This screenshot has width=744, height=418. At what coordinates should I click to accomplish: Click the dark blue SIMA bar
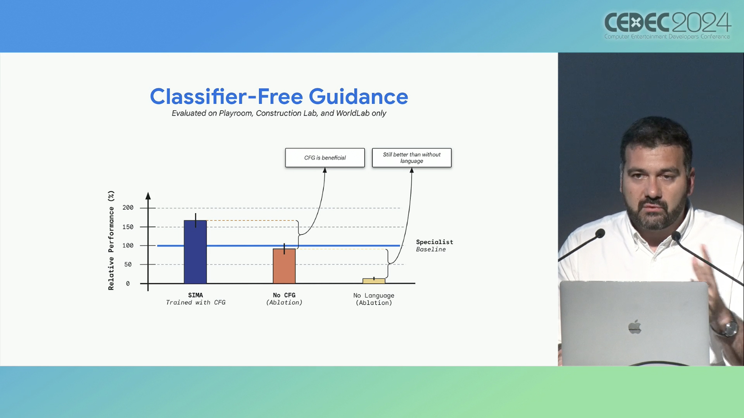(x=195, y=252)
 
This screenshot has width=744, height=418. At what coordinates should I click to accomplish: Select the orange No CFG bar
(x=284, y=266)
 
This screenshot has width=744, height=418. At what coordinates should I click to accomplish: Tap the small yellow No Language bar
(x=374, y=281)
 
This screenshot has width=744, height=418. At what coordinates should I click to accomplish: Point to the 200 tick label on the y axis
(x=128, y=208)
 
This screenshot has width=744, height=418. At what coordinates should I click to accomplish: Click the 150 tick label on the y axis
(x=128, y=227)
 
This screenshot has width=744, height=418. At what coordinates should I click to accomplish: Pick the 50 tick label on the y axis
(x=128, y=264)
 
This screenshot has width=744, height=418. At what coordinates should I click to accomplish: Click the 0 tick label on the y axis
(x=128, y=284)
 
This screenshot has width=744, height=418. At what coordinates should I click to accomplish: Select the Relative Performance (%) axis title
(x=111, y=240)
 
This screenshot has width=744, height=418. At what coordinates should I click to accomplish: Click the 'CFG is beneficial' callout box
(x=325, y=158)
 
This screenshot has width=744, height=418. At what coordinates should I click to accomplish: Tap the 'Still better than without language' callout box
(x=412, y=158)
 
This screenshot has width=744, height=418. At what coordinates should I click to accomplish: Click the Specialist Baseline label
(x=434, y=245)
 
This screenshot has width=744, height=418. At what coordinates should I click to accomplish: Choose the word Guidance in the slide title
(x=358, y=97)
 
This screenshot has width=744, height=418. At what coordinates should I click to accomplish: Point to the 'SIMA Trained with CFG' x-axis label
(x=195, y=299)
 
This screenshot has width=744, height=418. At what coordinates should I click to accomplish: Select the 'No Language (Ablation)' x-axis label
(x=374, y=299)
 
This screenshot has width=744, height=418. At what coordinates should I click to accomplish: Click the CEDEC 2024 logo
(x=668, y=26)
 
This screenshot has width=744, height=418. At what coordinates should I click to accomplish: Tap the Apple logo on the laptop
(x=635, y=327)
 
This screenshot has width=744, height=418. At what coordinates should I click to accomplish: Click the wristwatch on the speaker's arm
(x=730, y=329)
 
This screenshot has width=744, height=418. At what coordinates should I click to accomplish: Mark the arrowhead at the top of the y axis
(x=148, y=196)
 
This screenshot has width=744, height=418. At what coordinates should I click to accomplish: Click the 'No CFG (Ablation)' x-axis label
(x=284, y=299)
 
